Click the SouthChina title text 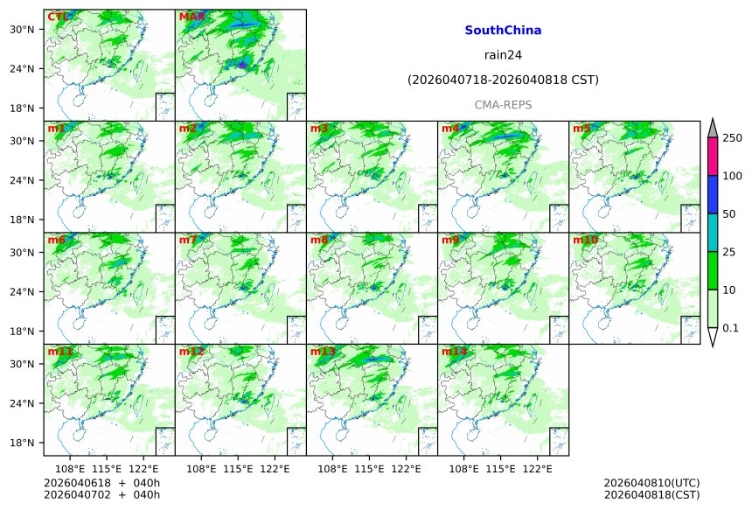point(503,31)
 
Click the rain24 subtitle point(503,55)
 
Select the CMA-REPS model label point(503,105)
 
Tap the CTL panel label point(57,17)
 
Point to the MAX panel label point(191,17)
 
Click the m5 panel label point(581,129)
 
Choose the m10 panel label point(585,240)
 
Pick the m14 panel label point(454,352)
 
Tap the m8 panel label point(319,240)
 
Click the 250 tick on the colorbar point(732,138)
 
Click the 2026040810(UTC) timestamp point(651,483)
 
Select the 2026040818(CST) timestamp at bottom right point(651,496)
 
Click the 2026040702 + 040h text point(101,496)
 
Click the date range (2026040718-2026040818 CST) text point(503,80)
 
